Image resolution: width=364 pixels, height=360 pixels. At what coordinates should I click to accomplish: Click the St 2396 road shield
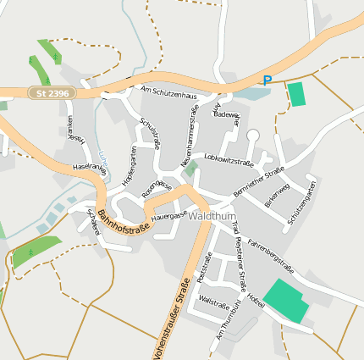pyautogui.click(x=52, y=92)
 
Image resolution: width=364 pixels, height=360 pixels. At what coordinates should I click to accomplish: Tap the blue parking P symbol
pyautogui.click(x=267, y=80)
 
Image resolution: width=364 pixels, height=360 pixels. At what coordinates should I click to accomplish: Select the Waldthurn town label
pyautogui.click(x=212, y=216)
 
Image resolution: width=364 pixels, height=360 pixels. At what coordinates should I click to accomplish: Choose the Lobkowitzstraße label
pyautogui.click(x=229, y=159)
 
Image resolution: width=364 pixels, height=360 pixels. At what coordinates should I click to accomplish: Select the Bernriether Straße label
pyautogui.click(x=258, y=183)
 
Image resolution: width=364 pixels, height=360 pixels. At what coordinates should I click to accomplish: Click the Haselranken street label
pyautogui.click(x=90, y=169)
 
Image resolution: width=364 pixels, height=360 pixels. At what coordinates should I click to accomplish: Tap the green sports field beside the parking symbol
pyautogui.click(x=296, y=94)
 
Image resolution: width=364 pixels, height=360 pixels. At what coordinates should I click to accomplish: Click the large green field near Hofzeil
pyautogui.click(x=286, y=300)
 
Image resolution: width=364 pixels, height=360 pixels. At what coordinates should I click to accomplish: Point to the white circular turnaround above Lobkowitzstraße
pyautogui.click(x=252, y=135)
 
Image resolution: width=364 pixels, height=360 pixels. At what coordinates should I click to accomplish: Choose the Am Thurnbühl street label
pyautogui.click(x=224, y=323)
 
